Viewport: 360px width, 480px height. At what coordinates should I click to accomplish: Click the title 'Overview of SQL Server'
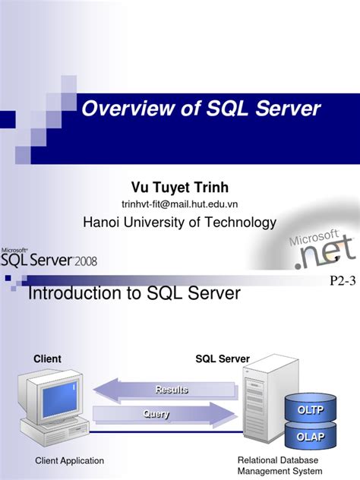[x=201, y=109]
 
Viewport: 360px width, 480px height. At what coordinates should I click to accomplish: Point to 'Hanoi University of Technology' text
[x=179, y=222]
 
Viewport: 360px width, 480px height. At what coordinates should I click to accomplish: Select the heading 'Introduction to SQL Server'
[x=134, y=293]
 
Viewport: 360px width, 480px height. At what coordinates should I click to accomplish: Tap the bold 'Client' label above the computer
[x=47, y=358]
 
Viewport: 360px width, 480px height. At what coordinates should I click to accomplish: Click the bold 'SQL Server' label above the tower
[x=223, y=358]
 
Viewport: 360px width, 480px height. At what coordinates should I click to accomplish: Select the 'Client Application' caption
[x=70, y=461]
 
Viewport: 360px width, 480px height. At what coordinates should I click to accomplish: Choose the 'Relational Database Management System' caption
[x=279, y=466]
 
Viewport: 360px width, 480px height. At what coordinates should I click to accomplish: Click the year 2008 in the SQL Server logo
[x=84, y=262]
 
